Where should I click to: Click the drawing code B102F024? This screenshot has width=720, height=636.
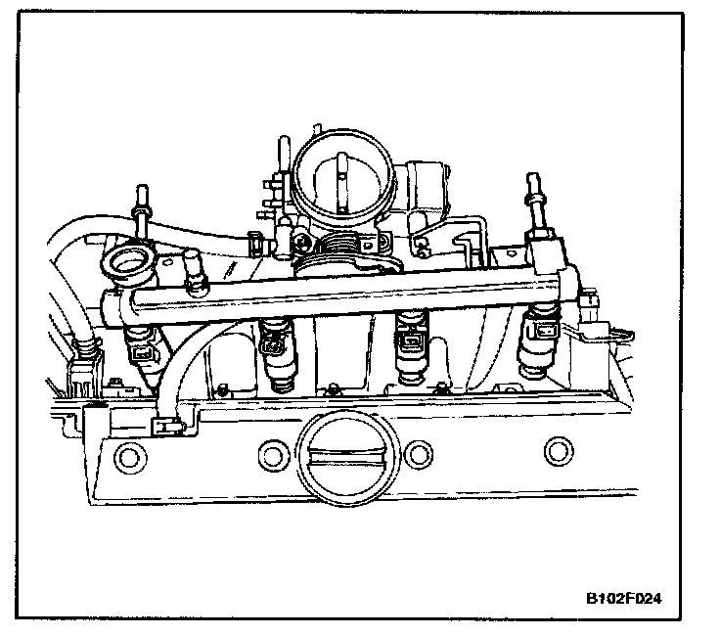(630, 597)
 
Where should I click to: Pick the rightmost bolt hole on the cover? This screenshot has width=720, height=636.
(557, 453)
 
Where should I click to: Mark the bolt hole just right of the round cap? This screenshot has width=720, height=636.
(418, 452)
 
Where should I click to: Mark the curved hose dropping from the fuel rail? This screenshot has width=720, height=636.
(182, 362)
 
